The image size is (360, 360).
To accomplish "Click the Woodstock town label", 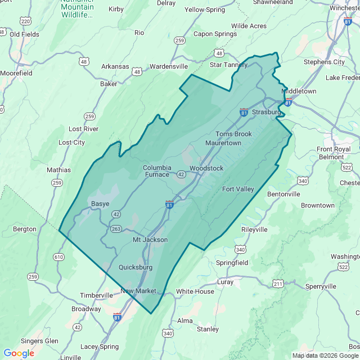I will point(206,168).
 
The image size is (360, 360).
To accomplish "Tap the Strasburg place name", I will point(266,112).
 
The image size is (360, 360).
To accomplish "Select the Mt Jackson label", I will point(150,240).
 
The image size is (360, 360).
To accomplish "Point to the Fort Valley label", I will point(238,189).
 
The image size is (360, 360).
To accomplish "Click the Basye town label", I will point(100,204).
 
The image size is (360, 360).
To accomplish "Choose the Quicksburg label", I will point(136,268).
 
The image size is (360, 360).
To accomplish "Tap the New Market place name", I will point(138,291).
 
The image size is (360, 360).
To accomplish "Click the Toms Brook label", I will point(234,134).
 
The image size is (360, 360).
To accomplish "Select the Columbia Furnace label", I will point(156,171).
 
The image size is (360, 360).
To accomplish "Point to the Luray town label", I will point(225,281).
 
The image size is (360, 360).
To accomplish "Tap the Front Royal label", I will point(334,149).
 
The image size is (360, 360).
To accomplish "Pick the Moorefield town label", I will point(16,73).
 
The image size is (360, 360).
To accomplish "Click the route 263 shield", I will point(116,229).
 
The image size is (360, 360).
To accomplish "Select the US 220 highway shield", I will point(25,21).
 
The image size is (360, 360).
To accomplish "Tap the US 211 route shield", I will point(278,284).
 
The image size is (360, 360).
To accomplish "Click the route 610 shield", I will point(58,256).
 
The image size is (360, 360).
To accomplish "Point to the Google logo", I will point(19,353).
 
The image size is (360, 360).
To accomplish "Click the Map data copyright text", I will point(325,355).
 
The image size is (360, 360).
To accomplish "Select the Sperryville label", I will point(320,286).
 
